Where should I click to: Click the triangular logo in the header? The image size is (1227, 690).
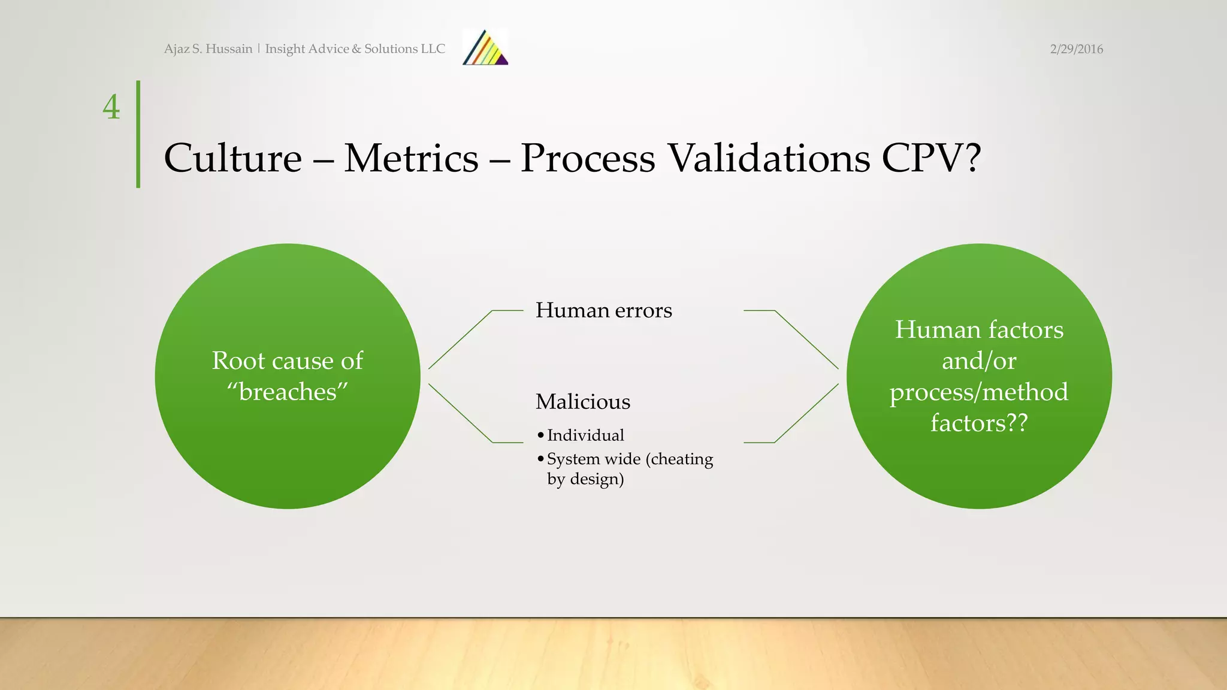[485, 48]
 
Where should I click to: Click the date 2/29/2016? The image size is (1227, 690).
[1076, 49]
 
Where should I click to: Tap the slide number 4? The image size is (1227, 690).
[111, 107]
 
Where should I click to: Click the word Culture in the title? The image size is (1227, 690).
[232, 158]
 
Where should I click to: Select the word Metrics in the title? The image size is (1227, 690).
[411, 158]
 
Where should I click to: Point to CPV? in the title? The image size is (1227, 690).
[931, 158]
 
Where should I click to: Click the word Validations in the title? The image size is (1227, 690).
[768, 158]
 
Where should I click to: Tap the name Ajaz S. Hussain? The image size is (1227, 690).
[208, 49]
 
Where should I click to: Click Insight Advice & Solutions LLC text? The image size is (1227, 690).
[355, 49]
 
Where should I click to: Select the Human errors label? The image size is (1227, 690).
[603, 310]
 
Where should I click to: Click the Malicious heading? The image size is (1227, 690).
[582, 401]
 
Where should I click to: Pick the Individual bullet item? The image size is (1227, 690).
[585, 435]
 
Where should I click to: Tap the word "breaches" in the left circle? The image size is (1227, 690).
[288, 392]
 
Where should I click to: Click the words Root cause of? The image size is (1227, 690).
[288, 361]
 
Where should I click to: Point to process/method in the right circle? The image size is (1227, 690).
[979, 392]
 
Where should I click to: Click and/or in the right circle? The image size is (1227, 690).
[979, 361]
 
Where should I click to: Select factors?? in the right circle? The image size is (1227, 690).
[979, 423]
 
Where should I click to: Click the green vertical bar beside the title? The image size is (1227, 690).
[138, 134]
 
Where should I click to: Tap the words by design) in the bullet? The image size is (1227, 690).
[585, 479]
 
